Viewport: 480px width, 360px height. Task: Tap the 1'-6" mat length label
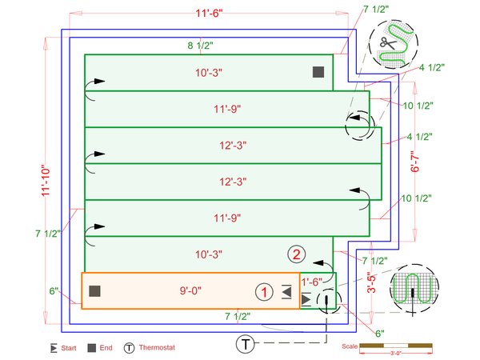pos(312,282)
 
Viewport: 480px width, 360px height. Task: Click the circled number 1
pos(262,291)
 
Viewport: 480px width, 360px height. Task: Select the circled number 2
pos(297,255)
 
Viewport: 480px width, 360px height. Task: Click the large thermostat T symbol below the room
pos(246,344)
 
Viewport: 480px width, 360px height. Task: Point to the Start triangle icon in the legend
pos(54,348)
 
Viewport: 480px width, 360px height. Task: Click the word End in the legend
pos(106,348)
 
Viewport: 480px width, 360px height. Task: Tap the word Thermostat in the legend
pos(157,348)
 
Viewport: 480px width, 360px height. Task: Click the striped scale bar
pos(395,345)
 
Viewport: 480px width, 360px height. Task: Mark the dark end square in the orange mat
pos(94,291)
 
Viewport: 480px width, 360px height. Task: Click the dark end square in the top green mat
pos(318,72)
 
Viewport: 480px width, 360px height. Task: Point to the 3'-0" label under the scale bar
pos(395,353)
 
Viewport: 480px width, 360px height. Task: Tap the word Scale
pos(349,346)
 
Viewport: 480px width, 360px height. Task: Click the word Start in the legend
pos(69,348)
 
